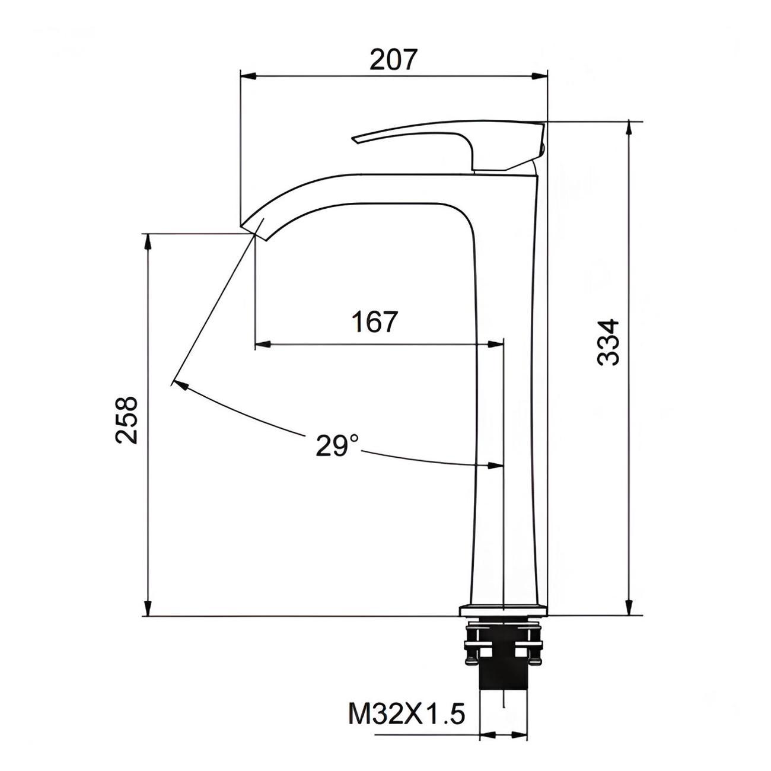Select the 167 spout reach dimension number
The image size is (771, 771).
(x=375, y=321)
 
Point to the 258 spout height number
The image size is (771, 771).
(x=126, y=420)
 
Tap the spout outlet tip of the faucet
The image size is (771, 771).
(x=253, y=232)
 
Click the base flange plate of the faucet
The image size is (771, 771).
(x=502, y=620)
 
